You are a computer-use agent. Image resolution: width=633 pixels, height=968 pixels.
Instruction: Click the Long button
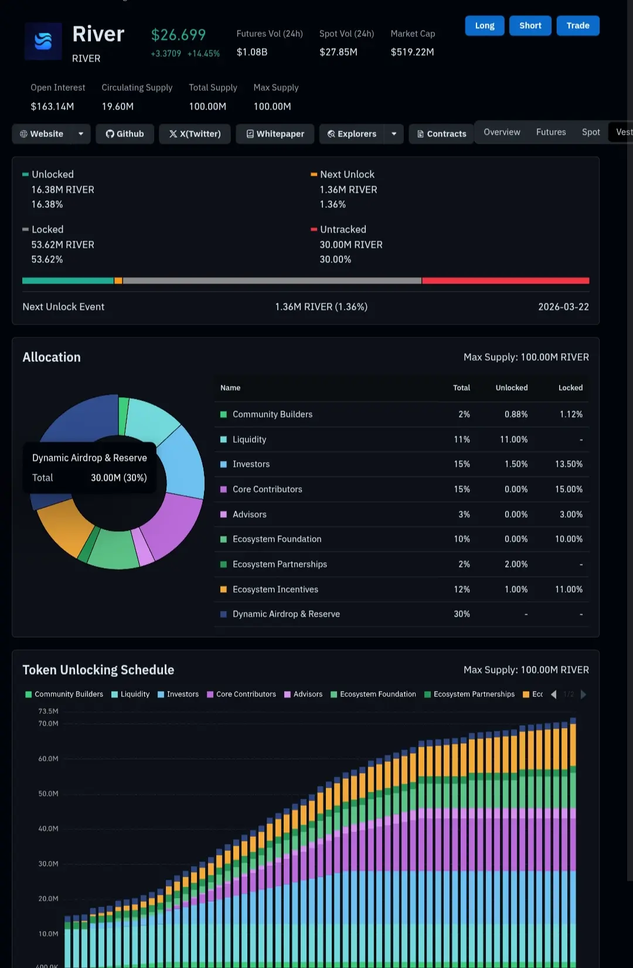pyautogui.click(x=484, y=26)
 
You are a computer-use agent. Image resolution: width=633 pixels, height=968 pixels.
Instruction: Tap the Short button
pyautogui.click(x=530, y=26)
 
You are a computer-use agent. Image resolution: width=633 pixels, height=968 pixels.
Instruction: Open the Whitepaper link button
pyautogui.click(x=275, y=134)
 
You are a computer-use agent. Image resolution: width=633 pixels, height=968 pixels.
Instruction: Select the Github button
pyautogui.click(x=125, y=134)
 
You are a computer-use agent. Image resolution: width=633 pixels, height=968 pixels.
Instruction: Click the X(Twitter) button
pyautogui.click(x=195, y=134)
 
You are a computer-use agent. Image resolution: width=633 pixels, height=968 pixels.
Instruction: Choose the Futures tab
pyautogui.click(x=551, y=132)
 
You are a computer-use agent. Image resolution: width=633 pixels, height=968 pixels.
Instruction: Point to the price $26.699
pyautogui.click(x=178, y=35)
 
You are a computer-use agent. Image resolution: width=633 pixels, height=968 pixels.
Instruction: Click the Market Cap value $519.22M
pyautogui.click(x=412, y=52)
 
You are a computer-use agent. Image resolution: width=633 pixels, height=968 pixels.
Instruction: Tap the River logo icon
pyautogui.click(x=43, y=42)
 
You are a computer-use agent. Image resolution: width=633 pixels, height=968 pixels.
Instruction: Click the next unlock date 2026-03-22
pyautogui.click(x=563, y=307)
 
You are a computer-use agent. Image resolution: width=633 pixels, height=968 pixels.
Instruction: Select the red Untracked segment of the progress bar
pyautogui.click(x=505, y=281)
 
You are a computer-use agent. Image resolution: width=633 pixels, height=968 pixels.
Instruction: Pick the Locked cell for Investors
pyautogui.click(x=569, y=464)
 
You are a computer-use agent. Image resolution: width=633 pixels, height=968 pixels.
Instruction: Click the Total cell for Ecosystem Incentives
pyautogui.click(x=462, y=590)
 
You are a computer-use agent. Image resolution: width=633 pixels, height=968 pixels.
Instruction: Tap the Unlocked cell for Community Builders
pyautogui.click(x=516, y=415)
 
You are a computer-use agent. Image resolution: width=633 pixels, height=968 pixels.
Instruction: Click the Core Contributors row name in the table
pyautogui.click(x=267, y=490)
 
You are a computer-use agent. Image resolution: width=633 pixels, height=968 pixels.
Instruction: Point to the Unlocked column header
pyautogui.click(x=511, y=388)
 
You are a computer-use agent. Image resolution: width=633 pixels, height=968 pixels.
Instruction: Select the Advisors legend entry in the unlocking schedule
pyautogui.click(x=303, y=695)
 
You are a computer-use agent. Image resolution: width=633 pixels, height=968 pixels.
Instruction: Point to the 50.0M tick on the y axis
pyautogui.click(x=48, y=794)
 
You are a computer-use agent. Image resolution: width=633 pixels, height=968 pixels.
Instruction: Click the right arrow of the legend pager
pyautogui.click(x=583, y=695)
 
